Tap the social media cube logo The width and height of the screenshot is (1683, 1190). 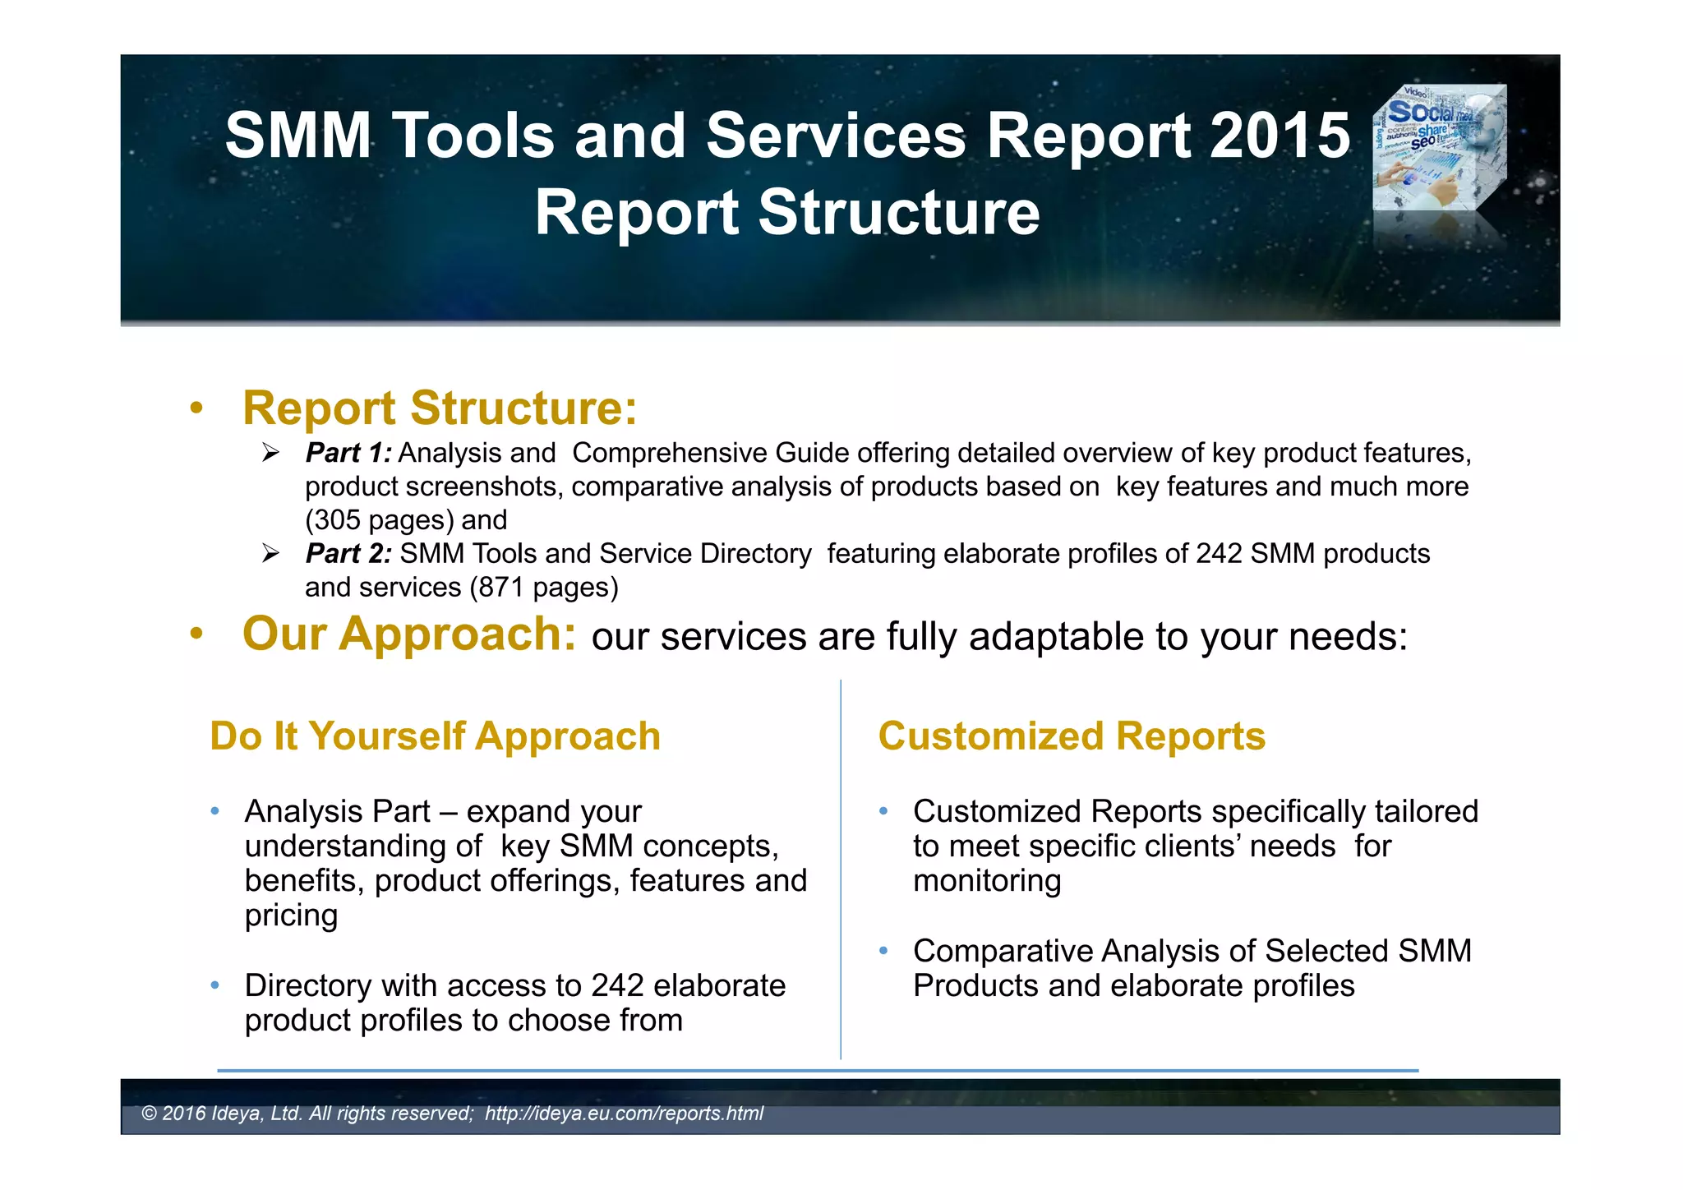[x=1440, y=148]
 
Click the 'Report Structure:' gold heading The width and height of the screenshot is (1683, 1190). [x=440, y=408]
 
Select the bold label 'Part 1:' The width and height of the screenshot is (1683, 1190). [x=348, y=453]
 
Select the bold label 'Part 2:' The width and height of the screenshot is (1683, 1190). [x=348, y=554]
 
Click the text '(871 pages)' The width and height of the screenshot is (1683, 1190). [x=544, y=588]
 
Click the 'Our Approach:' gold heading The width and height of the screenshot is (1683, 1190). [x=409, y=634]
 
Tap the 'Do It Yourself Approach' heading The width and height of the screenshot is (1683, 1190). [x=435, y=736]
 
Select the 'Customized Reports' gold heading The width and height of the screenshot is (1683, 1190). [x=1072, y=736]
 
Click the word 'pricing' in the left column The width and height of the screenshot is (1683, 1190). [x=291, y=916]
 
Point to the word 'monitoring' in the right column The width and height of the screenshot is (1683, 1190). [x=987, y=881]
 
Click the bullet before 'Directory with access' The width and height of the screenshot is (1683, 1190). [x=214, y=985]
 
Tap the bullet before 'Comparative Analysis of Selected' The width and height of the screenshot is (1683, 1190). [x=883, y=951]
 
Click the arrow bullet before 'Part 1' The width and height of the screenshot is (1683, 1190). [x=271, y=453]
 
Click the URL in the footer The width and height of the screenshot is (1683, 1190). [x=624, y=1114]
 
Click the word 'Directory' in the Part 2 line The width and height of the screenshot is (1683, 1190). [x=755, y=554]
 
